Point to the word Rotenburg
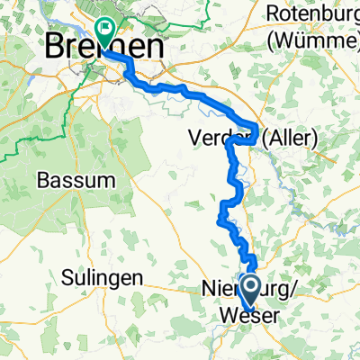click(311, 14)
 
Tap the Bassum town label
click(76, 179)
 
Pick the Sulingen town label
click(103, 278)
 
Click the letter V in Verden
click(194, 138)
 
